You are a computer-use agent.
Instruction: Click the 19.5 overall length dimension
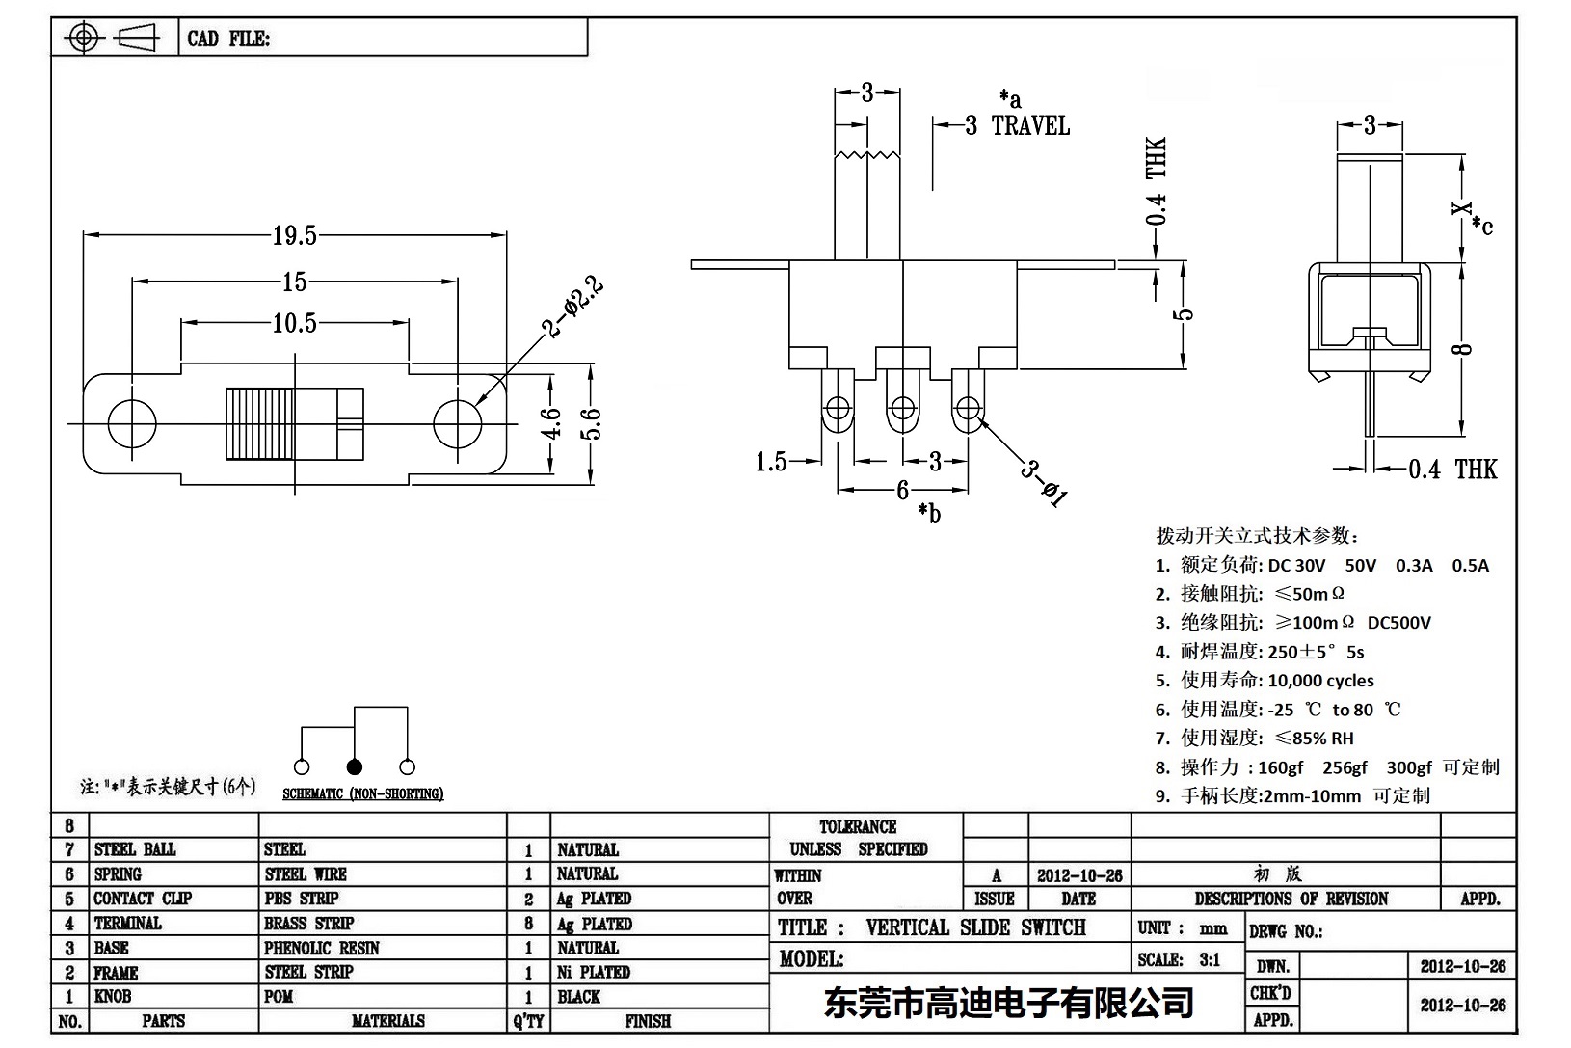[294, 235]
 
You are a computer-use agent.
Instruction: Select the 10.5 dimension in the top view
[294, 323]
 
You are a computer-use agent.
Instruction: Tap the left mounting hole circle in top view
[132, 423]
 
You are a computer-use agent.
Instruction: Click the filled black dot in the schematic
[354, 767]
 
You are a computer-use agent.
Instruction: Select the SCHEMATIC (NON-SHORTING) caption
[362, 794]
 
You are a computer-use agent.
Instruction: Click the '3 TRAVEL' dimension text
[1018, 126]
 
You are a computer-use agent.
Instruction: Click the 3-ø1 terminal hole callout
[1045, 483]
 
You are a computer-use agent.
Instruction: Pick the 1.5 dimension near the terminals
[771, 463]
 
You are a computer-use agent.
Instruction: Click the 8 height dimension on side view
[1464, 349]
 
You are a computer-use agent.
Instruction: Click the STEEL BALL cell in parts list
[135, 849]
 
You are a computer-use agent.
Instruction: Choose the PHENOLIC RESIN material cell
[322, 948]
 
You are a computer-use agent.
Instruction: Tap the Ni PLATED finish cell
[594, 972]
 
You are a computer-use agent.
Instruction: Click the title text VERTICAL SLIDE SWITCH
[975, 927]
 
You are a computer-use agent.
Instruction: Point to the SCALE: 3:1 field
[1178, 959]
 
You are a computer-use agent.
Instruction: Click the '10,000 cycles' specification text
[1320, 681]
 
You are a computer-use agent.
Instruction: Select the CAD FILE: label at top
[228, 39]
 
